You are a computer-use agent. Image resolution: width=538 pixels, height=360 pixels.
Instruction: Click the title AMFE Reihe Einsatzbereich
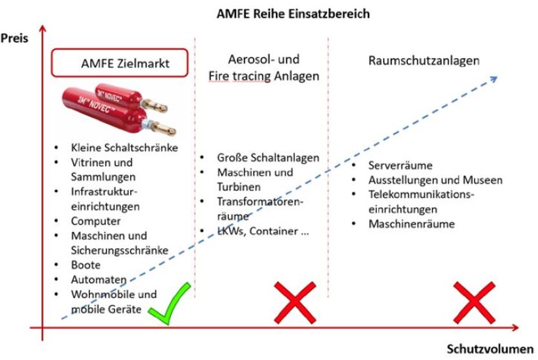click(293, 12)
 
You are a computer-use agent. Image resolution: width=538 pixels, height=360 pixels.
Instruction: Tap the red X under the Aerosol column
click(294, 301)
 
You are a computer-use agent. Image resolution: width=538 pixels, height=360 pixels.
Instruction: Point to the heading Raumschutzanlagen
click(424, 61)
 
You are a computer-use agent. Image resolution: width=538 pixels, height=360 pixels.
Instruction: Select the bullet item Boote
click(86, 265)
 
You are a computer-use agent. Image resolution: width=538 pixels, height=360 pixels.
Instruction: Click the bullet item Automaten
click(95, 279)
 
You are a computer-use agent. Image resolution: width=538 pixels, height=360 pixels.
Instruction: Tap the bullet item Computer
click(95, 221)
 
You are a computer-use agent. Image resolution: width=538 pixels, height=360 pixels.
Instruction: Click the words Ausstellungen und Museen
click(435, 180)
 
